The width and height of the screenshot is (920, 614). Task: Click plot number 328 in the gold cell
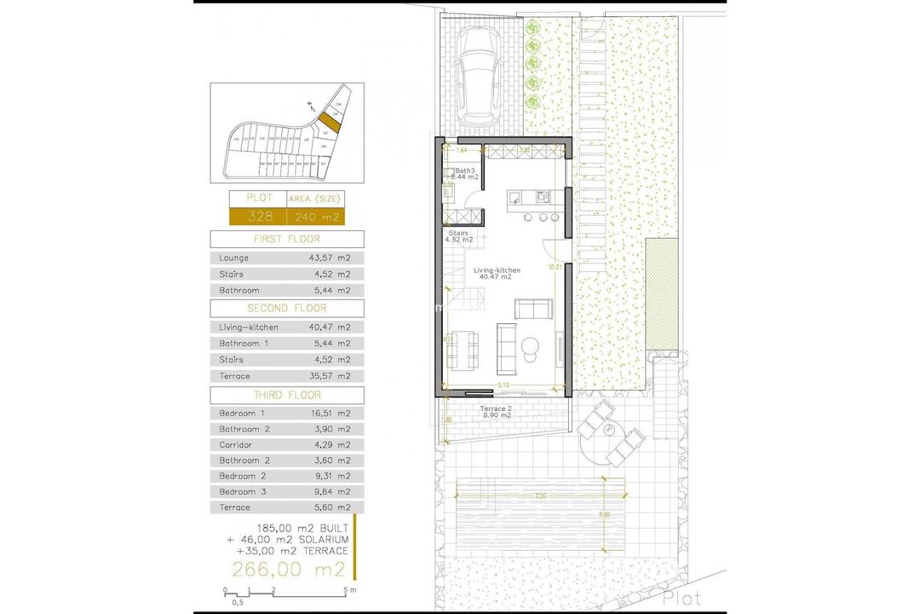click(259, 216)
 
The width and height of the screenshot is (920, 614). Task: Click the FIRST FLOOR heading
click(286, 240)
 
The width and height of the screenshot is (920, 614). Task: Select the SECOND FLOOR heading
click(286, 308)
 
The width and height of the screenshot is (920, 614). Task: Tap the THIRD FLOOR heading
click(286, 396)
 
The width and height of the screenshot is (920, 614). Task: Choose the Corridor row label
click(235, 444)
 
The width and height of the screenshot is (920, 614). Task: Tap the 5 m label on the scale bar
click(348, 590)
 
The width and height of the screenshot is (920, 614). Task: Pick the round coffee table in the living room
click(530, 345)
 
